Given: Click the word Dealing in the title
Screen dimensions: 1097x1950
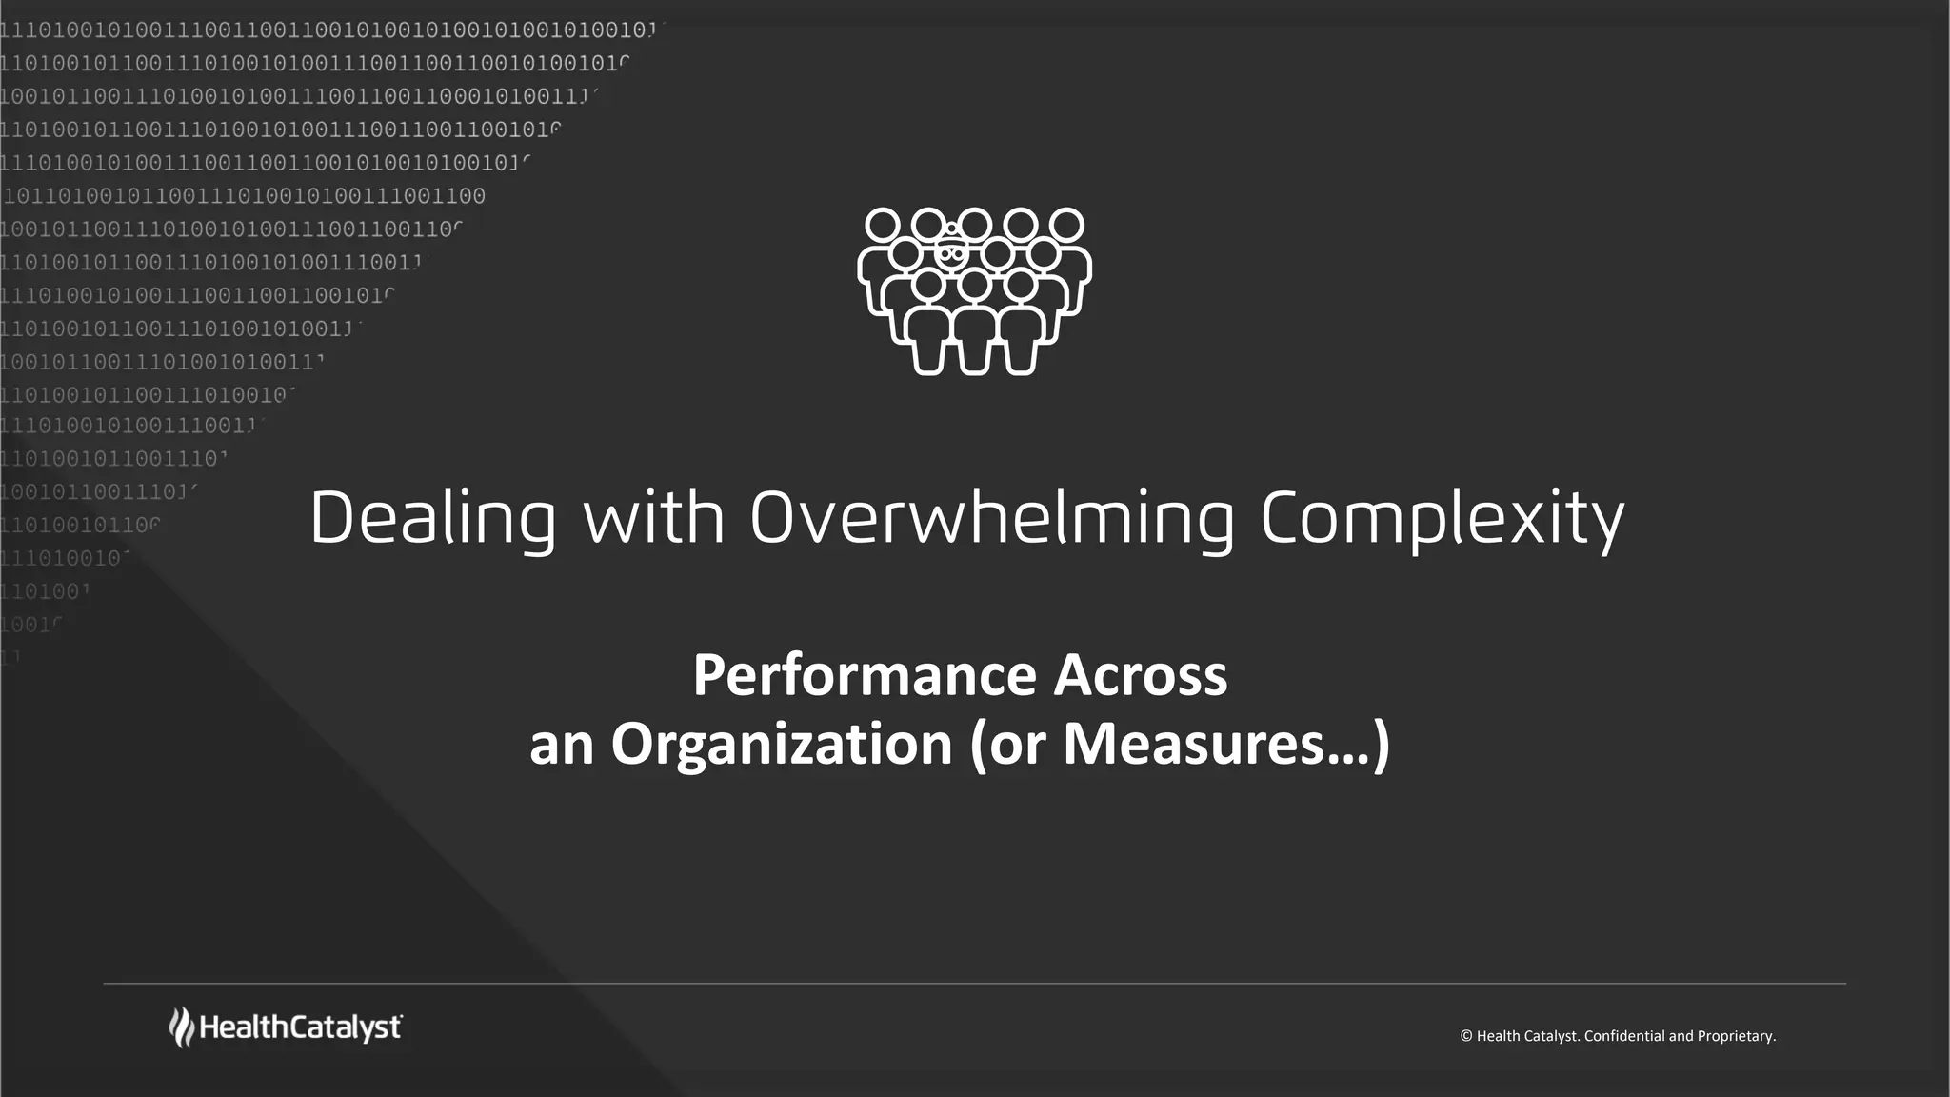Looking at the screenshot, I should click(x=432, y=519).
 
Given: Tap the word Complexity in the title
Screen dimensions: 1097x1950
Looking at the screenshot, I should click(x=1442, y=519).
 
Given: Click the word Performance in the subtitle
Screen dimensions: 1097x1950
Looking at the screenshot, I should click(x=865, y=676).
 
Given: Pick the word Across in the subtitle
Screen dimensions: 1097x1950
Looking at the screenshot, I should click(x=1141, y=676).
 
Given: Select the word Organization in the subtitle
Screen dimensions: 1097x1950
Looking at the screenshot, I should click(x=782, y=745).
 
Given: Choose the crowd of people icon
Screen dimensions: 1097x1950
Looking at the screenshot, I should click(x=974, y=290).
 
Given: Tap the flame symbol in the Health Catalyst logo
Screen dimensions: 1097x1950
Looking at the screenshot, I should click(x=181, y=1027).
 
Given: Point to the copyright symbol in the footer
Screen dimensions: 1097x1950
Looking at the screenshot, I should click(x=1466, y=1036).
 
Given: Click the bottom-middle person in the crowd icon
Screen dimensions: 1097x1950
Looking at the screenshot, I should click(x=974, y=324).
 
